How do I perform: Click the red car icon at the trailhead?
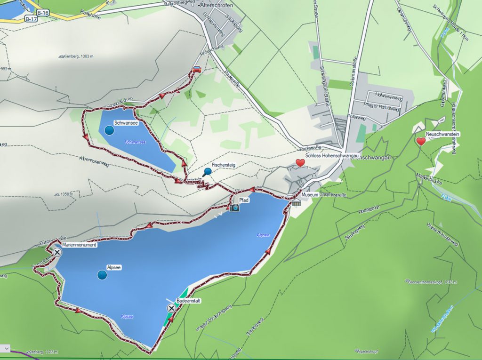click(x=197, y=70)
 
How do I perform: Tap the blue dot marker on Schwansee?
click(x=109, y=130)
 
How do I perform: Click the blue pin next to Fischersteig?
click(x=207, y=172)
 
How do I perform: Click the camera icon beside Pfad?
click(x=234, y=207)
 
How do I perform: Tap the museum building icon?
click(x=296, y=203)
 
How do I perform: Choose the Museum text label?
click(x=310, y=194)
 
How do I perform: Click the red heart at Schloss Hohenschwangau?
click(x=300, y=163)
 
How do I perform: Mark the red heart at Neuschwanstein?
click(x=421, y=141)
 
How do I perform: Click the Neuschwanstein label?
click(x=442, y=134)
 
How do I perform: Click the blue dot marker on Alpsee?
click(x=102, y=275)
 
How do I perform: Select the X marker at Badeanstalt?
click(x=171, y=308)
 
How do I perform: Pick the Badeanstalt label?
click(x=189, y=300)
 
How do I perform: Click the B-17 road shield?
click(x=31, y=19)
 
